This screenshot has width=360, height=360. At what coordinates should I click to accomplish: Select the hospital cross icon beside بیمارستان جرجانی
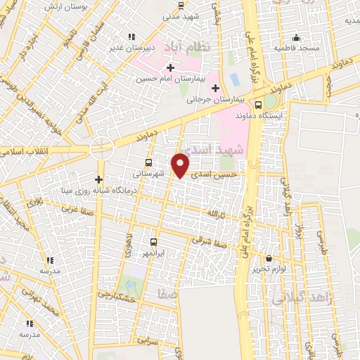point(215,87)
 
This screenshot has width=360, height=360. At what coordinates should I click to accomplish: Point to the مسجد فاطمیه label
point(297,49)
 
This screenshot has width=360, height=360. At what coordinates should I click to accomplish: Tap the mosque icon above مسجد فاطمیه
point(297,37)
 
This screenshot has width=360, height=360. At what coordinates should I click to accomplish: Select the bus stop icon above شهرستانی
point(137,160)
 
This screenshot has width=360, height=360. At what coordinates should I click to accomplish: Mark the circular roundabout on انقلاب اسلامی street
point(102,148)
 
